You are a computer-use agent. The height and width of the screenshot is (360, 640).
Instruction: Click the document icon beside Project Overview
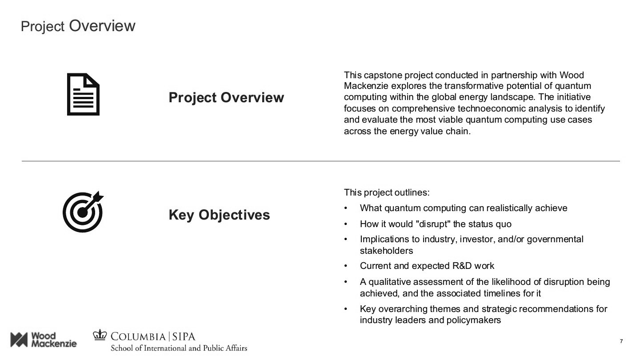click(83, 94)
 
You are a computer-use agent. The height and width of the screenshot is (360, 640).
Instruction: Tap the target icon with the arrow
click(83, 212)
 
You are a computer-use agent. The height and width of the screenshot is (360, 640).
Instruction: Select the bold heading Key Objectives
click(219, 215)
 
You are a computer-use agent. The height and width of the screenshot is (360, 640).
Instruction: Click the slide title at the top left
click(78, 26)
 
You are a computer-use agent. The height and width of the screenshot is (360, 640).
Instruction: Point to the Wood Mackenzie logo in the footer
click(44, 340)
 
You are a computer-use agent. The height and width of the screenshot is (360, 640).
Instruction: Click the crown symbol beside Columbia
click(100, 335)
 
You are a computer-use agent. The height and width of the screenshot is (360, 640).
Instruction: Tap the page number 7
click(621, 341)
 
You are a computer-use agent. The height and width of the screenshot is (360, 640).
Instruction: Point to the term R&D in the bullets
click(462, 266)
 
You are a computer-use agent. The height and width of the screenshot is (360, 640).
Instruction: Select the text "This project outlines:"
click(387, 192)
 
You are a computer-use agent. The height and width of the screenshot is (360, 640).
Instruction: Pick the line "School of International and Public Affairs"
click(179, 348)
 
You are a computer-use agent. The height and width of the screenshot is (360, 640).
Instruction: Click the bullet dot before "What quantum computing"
click(346, 208)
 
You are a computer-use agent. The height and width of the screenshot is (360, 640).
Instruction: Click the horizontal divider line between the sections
click(320, 161)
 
